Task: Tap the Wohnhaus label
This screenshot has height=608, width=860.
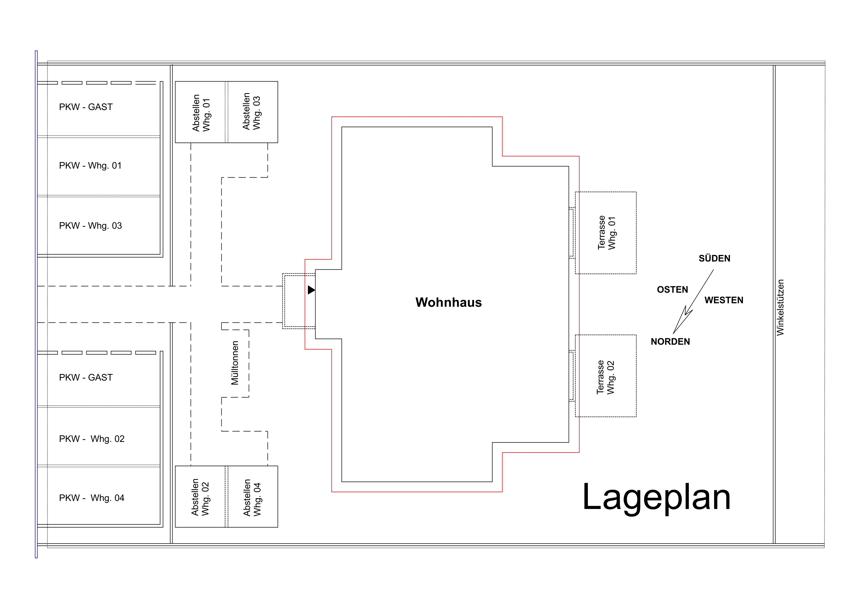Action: pos(448,302)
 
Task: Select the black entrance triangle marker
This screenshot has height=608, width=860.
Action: pos(311,290)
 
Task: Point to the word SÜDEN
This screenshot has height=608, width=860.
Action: pos(714,259)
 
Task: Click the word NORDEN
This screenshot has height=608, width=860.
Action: pos(670,342)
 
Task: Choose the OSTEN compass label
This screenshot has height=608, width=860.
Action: pos(672,290)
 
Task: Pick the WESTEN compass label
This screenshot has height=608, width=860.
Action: pos(724,300)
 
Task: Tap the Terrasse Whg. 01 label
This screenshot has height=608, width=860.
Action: pos(607,233)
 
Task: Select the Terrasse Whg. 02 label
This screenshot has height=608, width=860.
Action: pos(605,377)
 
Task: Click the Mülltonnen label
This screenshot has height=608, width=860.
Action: pos(235,362)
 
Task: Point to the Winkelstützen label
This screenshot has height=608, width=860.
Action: pos(780,308)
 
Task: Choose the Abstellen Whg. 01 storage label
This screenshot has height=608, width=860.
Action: pos(201,113)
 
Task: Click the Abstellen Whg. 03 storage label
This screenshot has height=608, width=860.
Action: pos(251,112)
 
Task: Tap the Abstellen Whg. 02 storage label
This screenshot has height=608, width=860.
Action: pos(200,498)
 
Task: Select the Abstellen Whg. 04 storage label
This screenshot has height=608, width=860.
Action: pos(252,498)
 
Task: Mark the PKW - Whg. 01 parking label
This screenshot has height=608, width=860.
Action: pos(90,166)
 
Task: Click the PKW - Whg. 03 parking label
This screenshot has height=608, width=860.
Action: pos(90,226)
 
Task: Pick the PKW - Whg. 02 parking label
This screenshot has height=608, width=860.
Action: pos(91,439)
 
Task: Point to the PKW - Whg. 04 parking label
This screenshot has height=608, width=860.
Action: pos(91,498)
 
